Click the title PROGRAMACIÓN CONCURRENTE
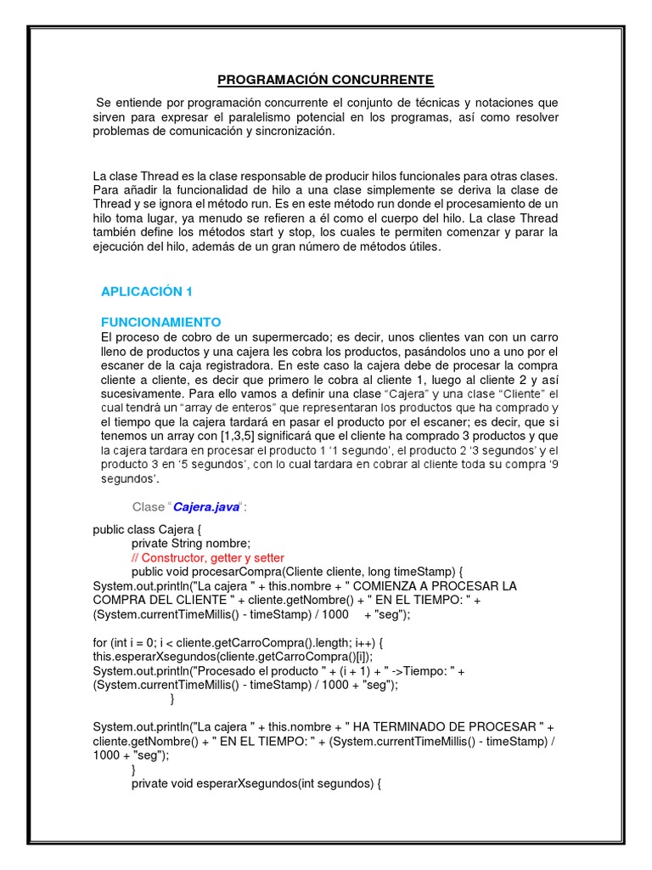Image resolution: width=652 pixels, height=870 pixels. click(x=325, y=80)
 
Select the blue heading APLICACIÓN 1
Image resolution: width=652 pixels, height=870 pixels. click(x=147, y=291)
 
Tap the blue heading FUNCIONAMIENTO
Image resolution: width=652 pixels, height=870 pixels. click(x=160, y=322)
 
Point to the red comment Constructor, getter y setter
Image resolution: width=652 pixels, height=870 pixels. click(x=208, y=557)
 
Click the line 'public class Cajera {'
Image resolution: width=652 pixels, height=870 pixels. click(x=148, y=529)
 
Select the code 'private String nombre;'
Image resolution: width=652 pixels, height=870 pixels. click(x=191, y=544)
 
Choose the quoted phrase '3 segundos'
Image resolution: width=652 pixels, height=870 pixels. click(x=495, y=450)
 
